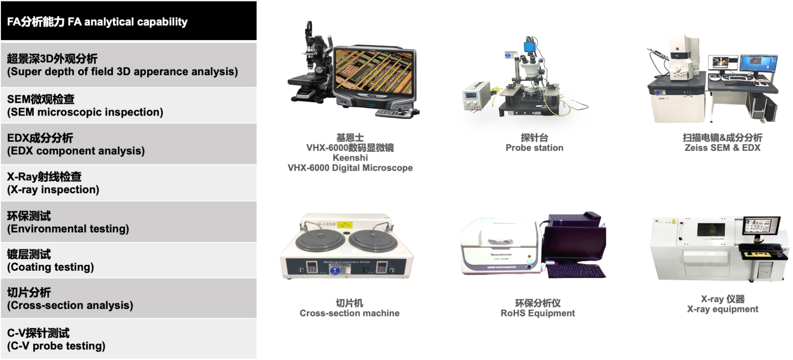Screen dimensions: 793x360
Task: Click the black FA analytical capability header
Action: [128, 20]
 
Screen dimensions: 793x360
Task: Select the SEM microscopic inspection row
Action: [128, 105]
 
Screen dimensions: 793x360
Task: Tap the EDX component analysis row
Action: [128, 144]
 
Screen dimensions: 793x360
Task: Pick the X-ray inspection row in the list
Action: [128, 183]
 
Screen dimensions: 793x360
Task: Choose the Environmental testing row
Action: [128, 222]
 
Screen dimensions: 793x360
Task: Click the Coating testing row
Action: [128, 260]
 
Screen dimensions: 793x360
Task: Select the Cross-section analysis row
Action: [128, 299]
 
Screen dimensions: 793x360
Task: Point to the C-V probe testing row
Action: [128, 339]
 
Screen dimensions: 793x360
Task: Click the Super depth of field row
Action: [128, 65]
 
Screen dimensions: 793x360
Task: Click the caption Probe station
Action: [534, 148]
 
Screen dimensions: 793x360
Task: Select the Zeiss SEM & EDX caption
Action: [722, 148]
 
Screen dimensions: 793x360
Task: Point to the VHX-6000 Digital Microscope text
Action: [350, 168]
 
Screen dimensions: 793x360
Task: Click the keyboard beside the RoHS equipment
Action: [576, 271]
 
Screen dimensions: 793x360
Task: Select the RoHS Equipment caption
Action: [537, 313]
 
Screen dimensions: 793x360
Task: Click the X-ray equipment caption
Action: [723, 309]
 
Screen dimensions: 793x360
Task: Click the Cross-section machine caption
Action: [349, 313]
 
